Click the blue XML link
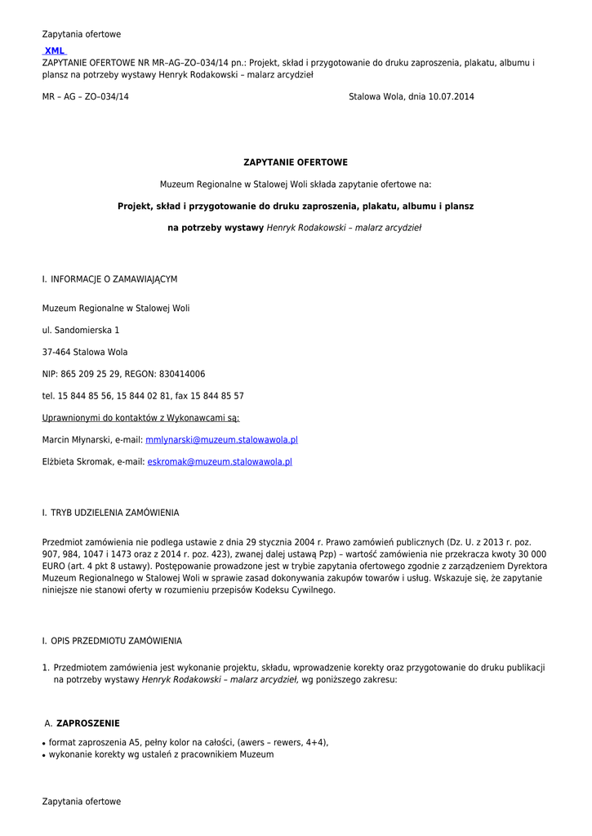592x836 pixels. [x=55, y=51]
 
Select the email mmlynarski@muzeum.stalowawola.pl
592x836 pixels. [x=221, y=440]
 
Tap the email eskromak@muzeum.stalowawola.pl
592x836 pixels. [x=220, y=462]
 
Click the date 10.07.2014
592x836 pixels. [x=451, y=97]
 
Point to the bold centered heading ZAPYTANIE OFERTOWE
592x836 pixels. [x=296, y=163]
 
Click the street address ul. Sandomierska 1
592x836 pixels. [x=81, y=331]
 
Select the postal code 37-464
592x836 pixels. [x=56, y=353]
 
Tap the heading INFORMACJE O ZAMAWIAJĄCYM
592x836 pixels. [x=114, y=279]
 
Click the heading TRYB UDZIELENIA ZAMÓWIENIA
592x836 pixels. [x=114, y=513]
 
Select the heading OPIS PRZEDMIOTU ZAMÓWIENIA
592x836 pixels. [x=116, y=641]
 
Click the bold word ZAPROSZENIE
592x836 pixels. [x=88, y=723]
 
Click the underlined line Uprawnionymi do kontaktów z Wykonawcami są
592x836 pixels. [x=135, y=418]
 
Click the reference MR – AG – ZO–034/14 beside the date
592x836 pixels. [x=85, y=97]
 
